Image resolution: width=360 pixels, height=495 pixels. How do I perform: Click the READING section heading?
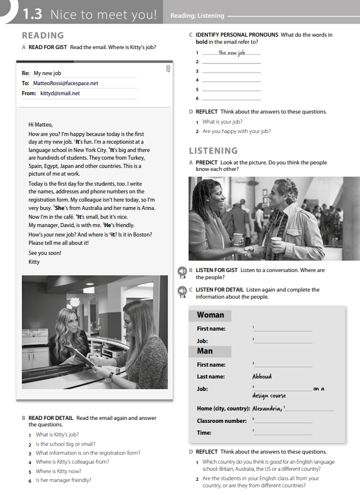point(43,35)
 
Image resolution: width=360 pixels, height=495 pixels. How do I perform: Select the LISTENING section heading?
point(213,150)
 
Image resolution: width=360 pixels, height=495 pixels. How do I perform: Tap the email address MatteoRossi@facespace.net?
point(66,83)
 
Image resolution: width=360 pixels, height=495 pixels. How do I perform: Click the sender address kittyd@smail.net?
point(60,93)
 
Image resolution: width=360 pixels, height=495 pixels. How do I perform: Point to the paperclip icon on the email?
point(168,70)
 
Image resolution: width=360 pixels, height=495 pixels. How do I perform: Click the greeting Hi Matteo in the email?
point(41,125)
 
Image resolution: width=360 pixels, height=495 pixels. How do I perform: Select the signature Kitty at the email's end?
point(34,261)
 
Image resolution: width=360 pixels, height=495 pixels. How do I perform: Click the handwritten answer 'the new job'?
point(231,53)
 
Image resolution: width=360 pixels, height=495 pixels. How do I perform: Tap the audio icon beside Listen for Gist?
point(183,271)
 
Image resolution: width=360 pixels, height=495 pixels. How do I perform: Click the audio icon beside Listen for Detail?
point(183,291)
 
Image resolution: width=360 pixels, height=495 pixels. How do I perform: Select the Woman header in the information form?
point(210,315)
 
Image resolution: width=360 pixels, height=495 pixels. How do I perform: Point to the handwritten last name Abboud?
point(262,376)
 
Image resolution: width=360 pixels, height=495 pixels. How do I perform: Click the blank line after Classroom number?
point(283,421)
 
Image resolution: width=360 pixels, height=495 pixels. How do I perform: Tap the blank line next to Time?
point(283,433)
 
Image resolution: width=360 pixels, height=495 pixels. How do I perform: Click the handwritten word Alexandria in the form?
point(267,409)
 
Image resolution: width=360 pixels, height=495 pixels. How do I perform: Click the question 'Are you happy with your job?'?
point(236,131)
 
